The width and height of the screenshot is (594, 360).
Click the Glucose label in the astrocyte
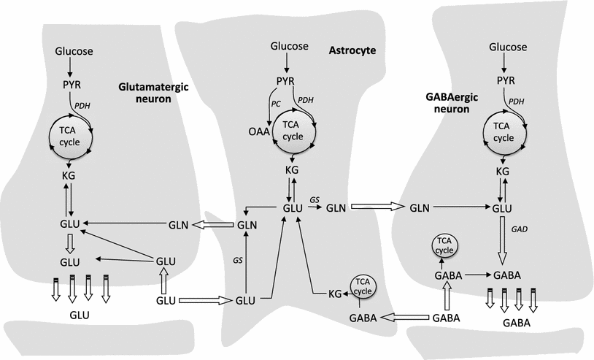(x=290, y=46)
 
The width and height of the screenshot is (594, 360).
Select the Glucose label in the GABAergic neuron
(x=506, y=46)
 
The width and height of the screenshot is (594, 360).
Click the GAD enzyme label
(x=520, y=229)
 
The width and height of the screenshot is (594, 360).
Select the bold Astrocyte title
(x=353, y=50)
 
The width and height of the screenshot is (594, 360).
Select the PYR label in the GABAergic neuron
(x=506, y=79)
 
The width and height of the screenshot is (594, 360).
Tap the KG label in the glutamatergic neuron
(x=69, y=175)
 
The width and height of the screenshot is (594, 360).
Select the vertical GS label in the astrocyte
(x=238, y=259)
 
